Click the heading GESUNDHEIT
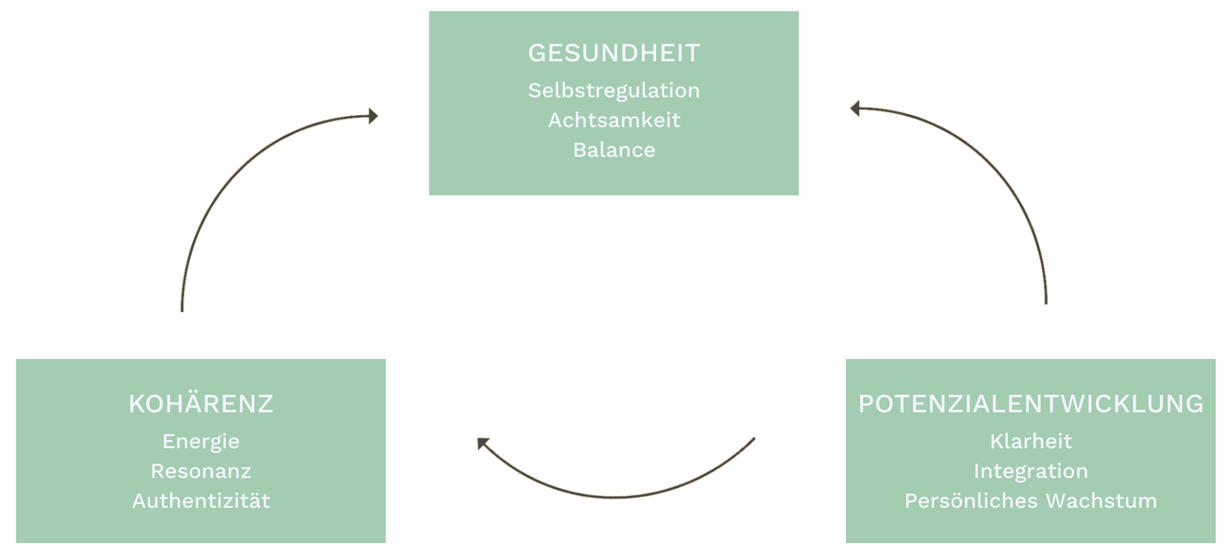click(x=614, y=53)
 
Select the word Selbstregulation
click(x=614, y=91)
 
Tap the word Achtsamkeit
click(x=614, y=120)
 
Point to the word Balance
click(x=614, y=150)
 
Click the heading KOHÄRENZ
click(x=201, y=404)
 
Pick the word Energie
click(x=201, y=441)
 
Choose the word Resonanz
click(x=201, y=471)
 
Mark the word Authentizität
click(x=201, y=501)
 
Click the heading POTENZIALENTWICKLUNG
click(x=1031, y=404)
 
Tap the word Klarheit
click(x=1031, y=441)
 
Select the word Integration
click(x=1031, y=471)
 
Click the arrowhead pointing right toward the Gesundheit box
click(x=373, y=116)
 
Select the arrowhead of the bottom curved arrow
click(x=482, y=443)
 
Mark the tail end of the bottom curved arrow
click(x=754, y=439)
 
